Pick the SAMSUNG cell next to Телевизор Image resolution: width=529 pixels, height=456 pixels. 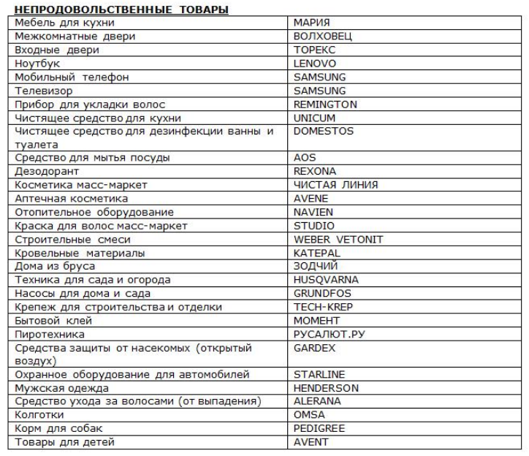tap(319, 91)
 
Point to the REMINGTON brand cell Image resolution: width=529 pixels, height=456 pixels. tap(325, 104)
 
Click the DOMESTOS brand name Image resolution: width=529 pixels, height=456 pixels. tap(323, 132)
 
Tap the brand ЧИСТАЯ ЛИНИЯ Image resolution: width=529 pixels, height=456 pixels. tap(335, 185)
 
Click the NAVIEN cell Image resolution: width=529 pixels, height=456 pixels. tap(313, 212)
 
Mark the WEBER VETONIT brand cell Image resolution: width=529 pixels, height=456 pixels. tap(338, 239)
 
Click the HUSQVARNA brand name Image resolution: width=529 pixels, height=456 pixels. tap(326, 280)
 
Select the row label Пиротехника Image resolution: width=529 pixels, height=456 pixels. tap(48, 334)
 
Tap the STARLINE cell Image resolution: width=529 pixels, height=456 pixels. tap(319, 375)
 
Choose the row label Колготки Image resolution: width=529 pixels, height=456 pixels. tap(37, 415)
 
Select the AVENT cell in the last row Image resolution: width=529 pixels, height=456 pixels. tap(311, 442)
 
